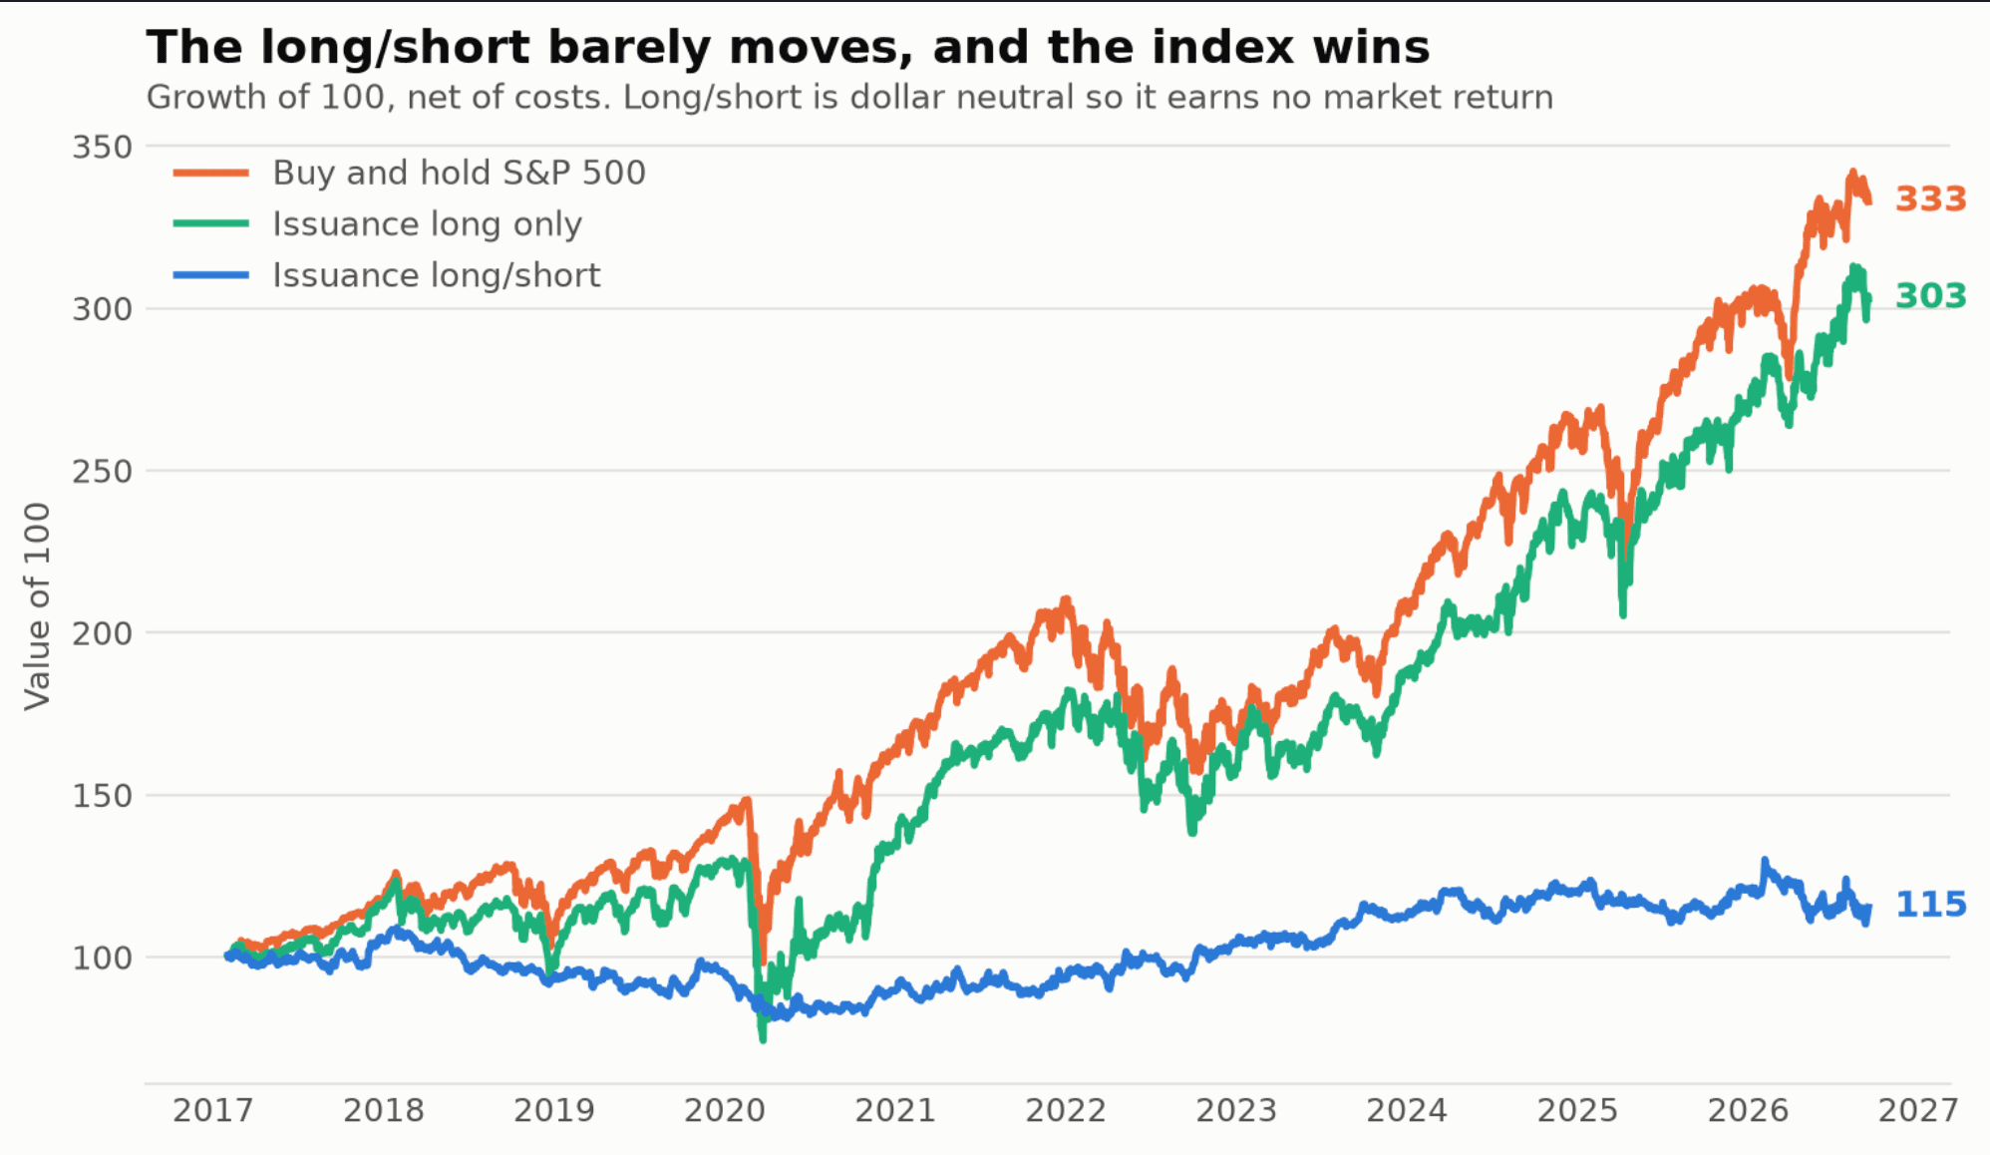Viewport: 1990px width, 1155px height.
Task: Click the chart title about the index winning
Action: (788, 47)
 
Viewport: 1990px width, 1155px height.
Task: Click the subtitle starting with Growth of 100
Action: (849, 98)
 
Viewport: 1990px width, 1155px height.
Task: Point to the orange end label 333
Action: (1930, 199)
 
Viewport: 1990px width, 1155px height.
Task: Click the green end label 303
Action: (1930, 296)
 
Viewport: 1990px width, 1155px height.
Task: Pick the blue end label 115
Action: (1930, 905)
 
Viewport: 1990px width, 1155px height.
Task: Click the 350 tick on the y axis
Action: (102, 148)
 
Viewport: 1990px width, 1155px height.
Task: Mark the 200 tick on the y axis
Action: (102, 633)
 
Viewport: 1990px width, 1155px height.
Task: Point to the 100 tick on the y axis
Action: (102, 959)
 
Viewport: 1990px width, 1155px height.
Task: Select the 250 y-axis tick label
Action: (102, 472)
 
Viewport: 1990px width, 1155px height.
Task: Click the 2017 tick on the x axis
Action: (212, 1110)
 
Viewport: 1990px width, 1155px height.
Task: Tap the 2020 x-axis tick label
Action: (724, 1110)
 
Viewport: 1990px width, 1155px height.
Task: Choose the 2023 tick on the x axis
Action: (1236, 1110)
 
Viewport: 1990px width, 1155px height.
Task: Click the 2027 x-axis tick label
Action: (1918, 1110)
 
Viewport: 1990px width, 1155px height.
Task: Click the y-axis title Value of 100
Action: (37, 606)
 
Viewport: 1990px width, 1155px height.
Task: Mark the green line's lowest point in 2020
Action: (763, 1039)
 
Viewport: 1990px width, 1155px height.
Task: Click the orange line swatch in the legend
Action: (210, 173)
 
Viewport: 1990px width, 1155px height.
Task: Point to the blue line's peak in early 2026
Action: (1765, 861)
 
